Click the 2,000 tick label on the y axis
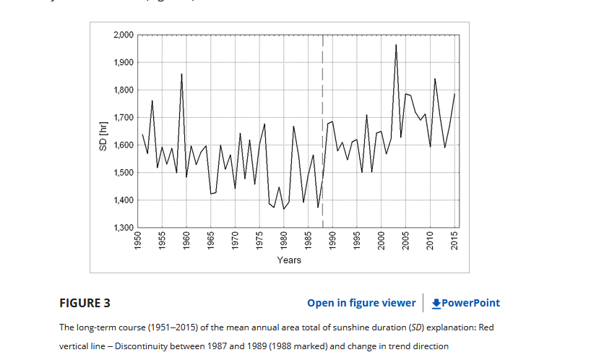[123, 35]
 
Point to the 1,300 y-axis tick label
[123, 228]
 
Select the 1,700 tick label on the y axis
[123, 117]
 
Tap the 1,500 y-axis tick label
[123, 173]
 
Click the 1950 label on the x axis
[138, 241]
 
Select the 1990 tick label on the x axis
[333, 241]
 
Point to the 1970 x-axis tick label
[236, 241]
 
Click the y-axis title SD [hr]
[103, 135]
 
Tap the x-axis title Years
[289, 260]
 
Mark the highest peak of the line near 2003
[396, 46]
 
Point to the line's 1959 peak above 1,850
[181, 74]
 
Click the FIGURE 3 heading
[85, 303]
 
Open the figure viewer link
[361, 303]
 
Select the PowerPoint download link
[470, 303]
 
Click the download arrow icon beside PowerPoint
[436, 303]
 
